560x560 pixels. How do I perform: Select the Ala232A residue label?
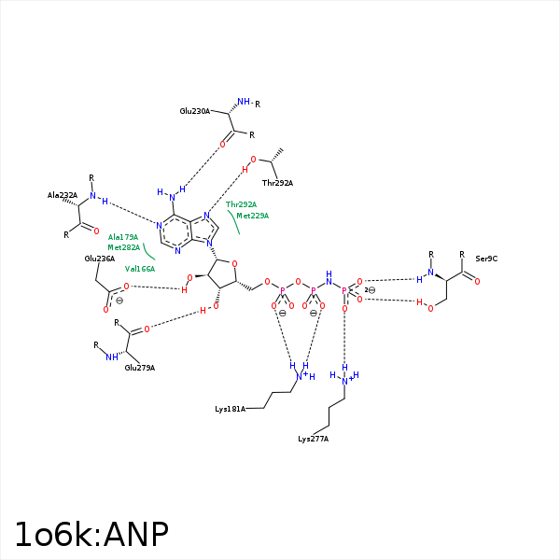(63, 195)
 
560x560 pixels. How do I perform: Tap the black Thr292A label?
(277, 183)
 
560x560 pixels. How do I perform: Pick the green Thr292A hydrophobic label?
(241, 204)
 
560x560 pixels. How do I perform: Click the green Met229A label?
(252, 216)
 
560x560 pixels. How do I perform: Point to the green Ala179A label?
(123, 237)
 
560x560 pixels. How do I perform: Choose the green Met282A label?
(123, 247)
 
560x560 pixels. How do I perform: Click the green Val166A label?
(139, 269)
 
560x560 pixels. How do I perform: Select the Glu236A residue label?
(99, 259)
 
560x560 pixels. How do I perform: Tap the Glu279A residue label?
(140, 368)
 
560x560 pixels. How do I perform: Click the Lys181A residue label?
(230, 409)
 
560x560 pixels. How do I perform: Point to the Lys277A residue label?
(313, 439)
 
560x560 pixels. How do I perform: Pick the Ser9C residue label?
(486, 259)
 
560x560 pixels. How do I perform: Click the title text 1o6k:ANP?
(91, 534)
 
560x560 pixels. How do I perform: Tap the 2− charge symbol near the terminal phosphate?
(370, 290)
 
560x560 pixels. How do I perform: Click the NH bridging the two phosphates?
(329, 276)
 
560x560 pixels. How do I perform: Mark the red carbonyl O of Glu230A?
(222, 145)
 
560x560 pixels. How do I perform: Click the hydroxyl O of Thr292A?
(251, 160)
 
